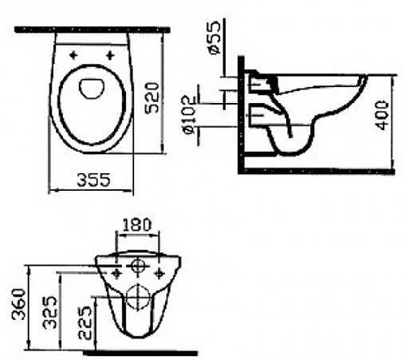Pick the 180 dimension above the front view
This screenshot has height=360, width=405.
136,226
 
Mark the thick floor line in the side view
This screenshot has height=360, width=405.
319,171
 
